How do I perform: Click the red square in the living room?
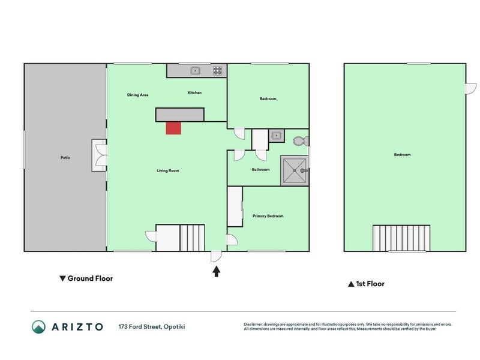point(173,128)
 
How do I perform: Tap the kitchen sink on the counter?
point(196,71)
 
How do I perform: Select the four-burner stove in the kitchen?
point(218,71)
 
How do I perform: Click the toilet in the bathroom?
point(301,141)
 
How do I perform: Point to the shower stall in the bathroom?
point(295,171)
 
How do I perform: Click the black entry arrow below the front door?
point(217,272)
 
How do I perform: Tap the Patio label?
point(65,158)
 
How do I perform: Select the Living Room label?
point(168,170)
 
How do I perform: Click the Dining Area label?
point(138,95)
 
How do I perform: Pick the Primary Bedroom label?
point(268,216)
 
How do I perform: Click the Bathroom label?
point(261,169)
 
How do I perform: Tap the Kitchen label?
point(194,92)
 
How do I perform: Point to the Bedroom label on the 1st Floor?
point(402,155)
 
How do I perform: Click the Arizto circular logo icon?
point(38,326)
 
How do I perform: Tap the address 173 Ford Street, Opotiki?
point(152,326)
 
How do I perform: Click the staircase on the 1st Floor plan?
point(401,238)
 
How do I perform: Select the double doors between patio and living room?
point(100,155)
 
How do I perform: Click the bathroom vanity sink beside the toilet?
point(277,136)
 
